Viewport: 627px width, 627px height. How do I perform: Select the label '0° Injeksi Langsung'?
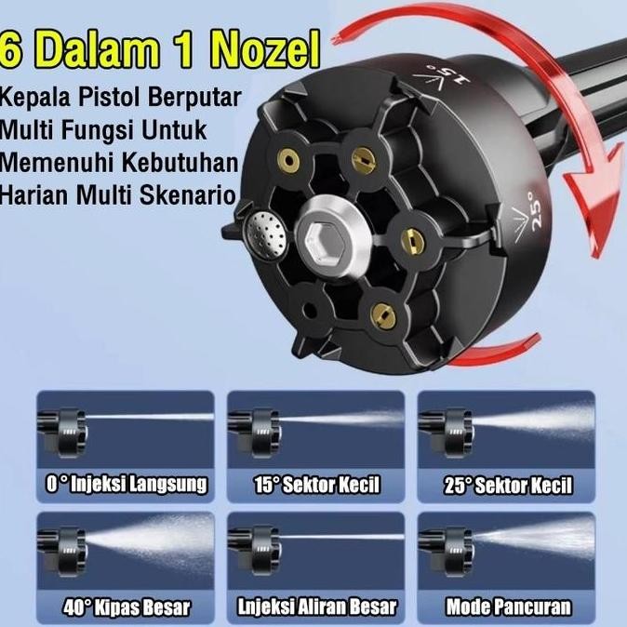point(125,485)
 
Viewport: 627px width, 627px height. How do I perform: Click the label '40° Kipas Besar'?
point(127,608)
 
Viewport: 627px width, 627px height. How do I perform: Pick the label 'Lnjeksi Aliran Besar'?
point(316,608)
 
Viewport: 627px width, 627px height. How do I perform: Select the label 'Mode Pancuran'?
point(508,608)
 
